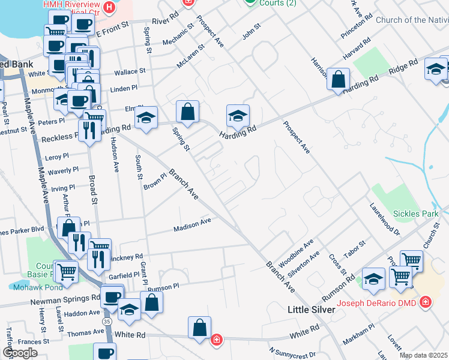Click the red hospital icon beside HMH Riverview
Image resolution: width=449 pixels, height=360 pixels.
pyautogui.click(x=109, y=8)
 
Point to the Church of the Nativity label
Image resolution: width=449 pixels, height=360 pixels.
pyautogui.click(x=412, y=20)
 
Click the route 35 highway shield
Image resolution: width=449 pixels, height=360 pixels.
pyautogui.click(x=106, y=322)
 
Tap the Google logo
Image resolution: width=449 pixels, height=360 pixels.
pyautogui.click(x=20, y=352)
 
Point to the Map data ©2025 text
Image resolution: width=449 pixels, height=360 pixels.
pyautogui.click(x=423, y=355)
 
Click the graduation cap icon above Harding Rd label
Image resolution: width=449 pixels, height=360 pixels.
pyautogui.click(x=238, y=115)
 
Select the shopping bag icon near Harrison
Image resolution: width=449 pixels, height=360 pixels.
pyautogui.click(x=339, y=79)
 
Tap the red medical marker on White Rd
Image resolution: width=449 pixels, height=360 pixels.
pyautogui.click(x=216, y=340)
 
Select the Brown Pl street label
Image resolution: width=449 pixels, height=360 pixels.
pyautogui.click(x=154, y=181)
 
